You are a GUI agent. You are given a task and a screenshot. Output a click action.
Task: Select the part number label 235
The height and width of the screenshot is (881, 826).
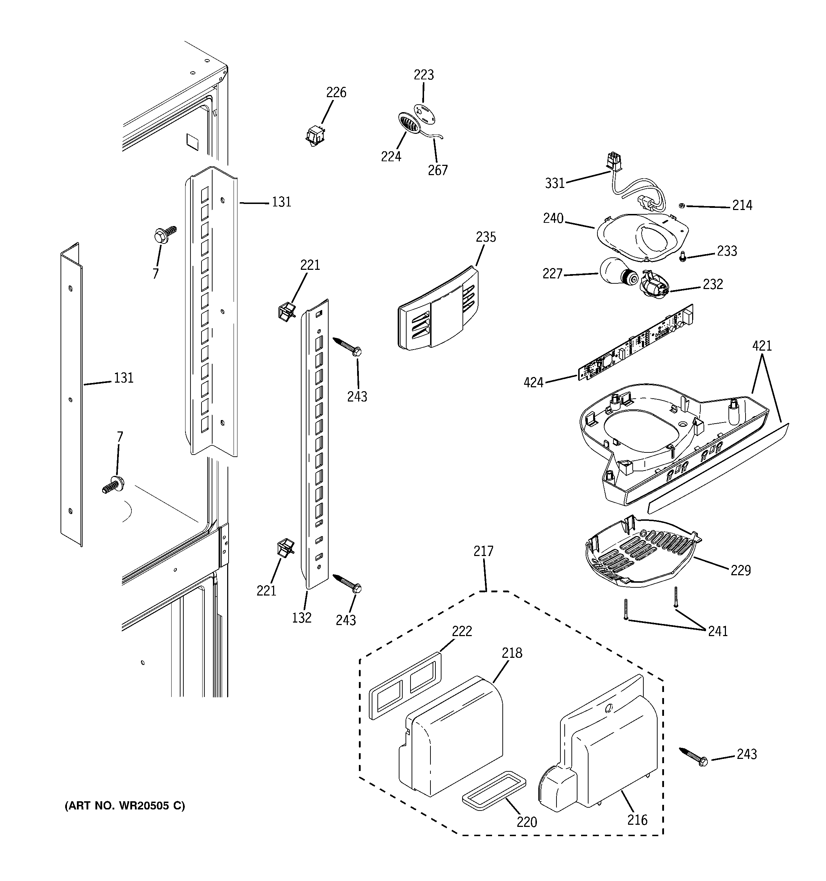pos(486,237)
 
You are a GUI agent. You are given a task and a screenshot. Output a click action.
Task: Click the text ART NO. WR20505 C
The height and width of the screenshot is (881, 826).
pos(125,806)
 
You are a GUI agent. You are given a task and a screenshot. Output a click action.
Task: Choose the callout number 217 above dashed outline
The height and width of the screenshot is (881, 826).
pos(483,551)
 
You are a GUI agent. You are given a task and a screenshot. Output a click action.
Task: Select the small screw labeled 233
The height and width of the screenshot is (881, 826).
pos(683,256)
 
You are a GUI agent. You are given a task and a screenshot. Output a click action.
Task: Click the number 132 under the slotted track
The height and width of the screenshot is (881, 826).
pos(302,618)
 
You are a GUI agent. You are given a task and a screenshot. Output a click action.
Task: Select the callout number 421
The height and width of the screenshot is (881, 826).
pos(762,346)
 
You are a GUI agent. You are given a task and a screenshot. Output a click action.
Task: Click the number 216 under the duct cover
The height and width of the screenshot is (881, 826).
pos(637,820)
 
